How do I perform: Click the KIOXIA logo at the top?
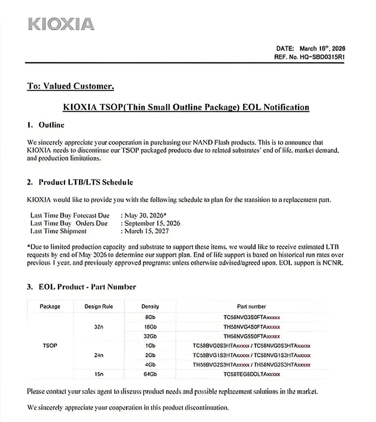pos(61,24)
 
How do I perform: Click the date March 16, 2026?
pos(322,48)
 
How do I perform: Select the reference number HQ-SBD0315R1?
pos(322,57)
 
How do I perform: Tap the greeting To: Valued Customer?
pos(70,86)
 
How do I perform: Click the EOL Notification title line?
pos(186,107)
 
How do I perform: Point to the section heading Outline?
pos(51,125)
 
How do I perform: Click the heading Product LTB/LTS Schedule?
pos(86,182)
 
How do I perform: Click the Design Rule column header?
pos(99,306)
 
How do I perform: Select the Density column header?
pos(150,306)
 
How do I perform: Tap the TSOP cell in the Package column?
pos(50,346)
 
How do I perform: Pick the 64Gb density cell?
pos(150,374)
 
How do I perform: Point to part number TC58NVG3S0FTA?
pos(252,318)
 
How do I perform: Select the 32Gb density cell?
pos(150,336)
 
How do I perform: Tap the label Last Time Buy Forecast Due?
pos(70,215)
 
